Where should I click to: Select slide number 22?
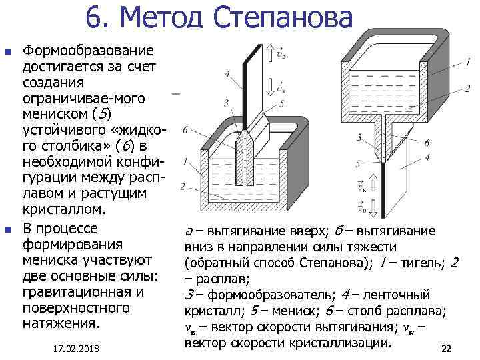tap(447, 349)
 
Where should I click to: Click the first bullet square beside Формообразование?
tap(8, 51)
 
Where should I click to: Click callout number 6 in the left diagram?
tap(184, 129)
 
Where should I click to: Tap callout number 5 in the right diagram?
tap(358, 163)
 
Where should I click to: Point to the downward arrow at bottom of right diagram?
tap(373, 209)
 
